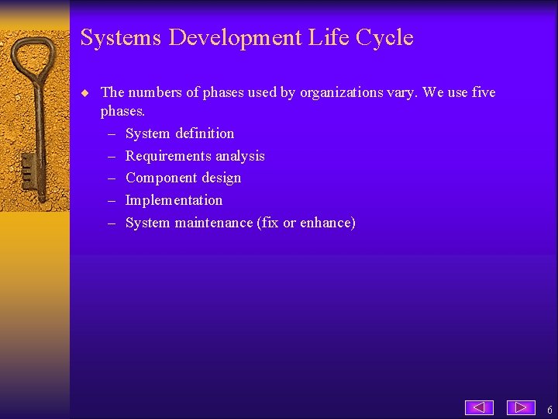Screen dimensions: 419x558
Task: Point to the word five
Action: coord(483,93)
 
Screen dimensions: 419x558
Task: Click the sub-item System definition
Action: coord(179,133)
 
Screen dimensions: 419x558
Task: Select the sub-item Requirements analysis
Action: coord(195,156)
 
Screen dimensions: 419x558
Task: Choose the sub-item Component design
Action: coord(183,178)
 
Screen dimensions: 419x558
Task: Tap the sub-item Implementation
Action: coord(174,200)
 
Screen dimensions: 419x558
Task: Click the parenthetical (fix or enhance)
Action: coord(307,223)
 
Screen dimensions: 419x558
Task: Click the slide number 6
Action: coord(549,410)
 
